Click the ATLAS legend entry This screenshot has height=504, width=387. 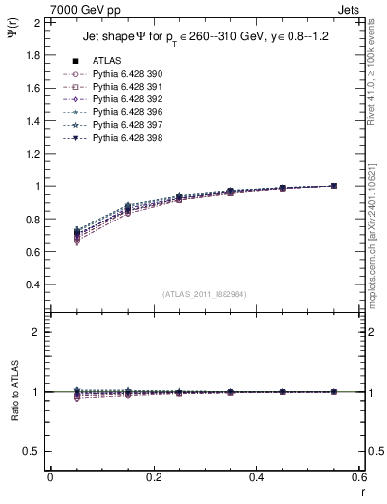pyautogui.click(x=106, y=60)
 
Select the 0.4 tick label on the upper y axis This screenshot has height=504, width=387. pyautogui.click(x=29, y=284)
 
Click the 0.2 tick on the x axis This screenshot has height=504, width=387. pyautogui.click(x=153, y=476)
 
